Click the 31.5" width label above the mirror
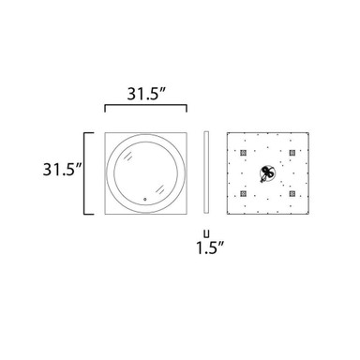(146, 94)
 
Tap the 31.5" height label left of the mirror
(62, 170)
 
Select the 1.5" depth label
(210, 248)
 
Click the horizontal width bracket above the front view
(145, 106)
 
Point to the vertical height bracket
(84, 173)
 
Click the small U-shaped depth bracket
(206, 233)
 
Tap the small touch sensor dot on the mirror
(144, 199)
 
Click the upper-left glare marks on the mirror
(128, 157)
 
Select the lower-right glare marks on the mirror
(159, 189)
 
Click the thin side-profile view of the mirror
(206, 172)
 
